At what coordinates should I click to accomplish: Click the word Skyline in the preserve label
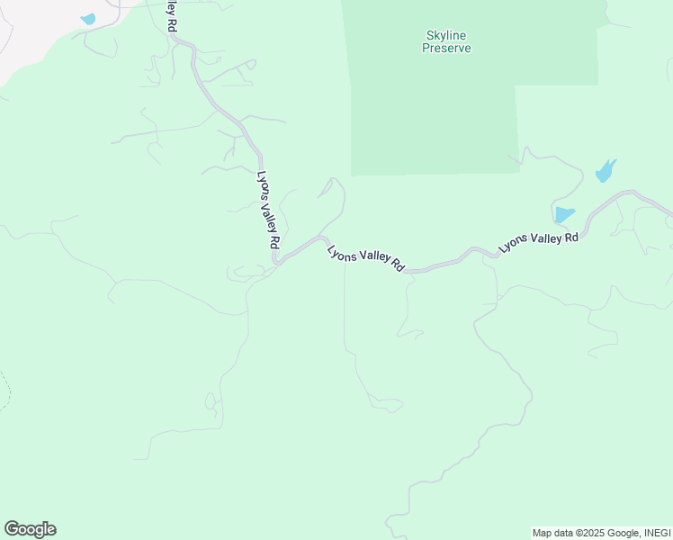(447, 36)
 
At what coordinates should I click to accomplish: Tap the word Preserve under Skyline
(447, 48)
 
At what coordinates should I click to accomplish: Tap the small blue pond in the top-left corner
(87, 19)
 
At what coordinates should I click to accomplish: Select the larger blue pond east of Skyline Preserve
(605, 171)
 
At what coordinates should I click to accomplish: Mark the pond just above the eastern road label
(564, 215)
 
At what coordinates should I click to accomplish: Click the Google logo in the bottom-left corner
(30, 529)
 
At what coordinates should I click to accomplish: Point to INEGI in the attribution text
(656, 533)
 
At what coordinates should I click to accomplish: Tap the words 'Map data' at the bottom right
(552, 533)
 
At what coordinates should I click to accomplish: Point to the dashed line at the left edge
(7, 391)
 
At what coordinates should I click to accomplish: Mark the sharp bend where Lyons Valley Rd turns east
(277, 262)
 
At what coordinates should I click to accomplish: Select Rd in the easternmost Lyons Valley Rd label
(570, 238)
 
